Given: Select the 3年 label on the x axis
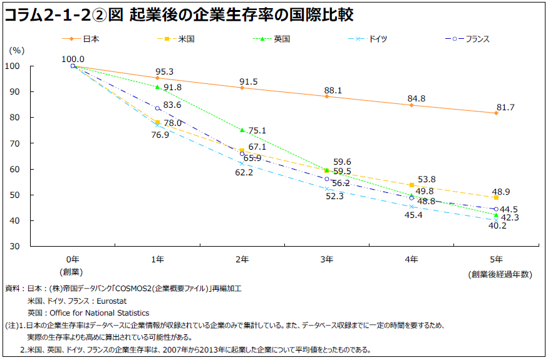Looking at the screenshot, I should (x=326, y=259).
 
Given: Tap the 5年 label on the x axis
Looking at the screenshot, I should (x=496, y=259).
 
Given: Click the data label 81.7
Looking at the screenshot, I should (x=505, y=108).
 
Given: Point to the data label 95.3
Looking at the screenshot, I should (x=164, y=72).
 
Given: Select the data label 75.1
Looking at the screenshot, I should (x=257, y=130).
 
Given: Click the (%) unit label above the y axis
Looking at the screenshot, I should (x=17, y=49).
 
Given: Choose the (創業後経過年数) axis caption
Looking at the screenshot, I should (x=499, y=274).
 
